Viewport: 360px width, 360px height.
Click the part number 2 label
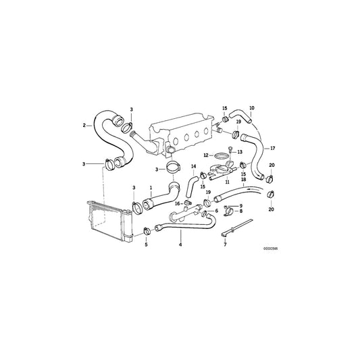pyautogui.click(x=84, y=125)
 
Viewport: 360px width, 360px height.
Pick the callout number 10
pyautogui.click(x=252, y=108)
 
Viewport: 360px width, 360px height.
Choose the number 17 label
pyautogui.click(x=273, y=147)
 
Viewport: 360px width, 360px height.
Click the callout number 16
pyautogui.click(x=178, y=203)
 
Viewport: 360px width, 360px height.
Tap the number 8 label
pyautogui.click(x=240, y=212)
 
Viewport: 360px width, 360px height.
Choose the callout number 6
pyautogui.click(x=216, y=211)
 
